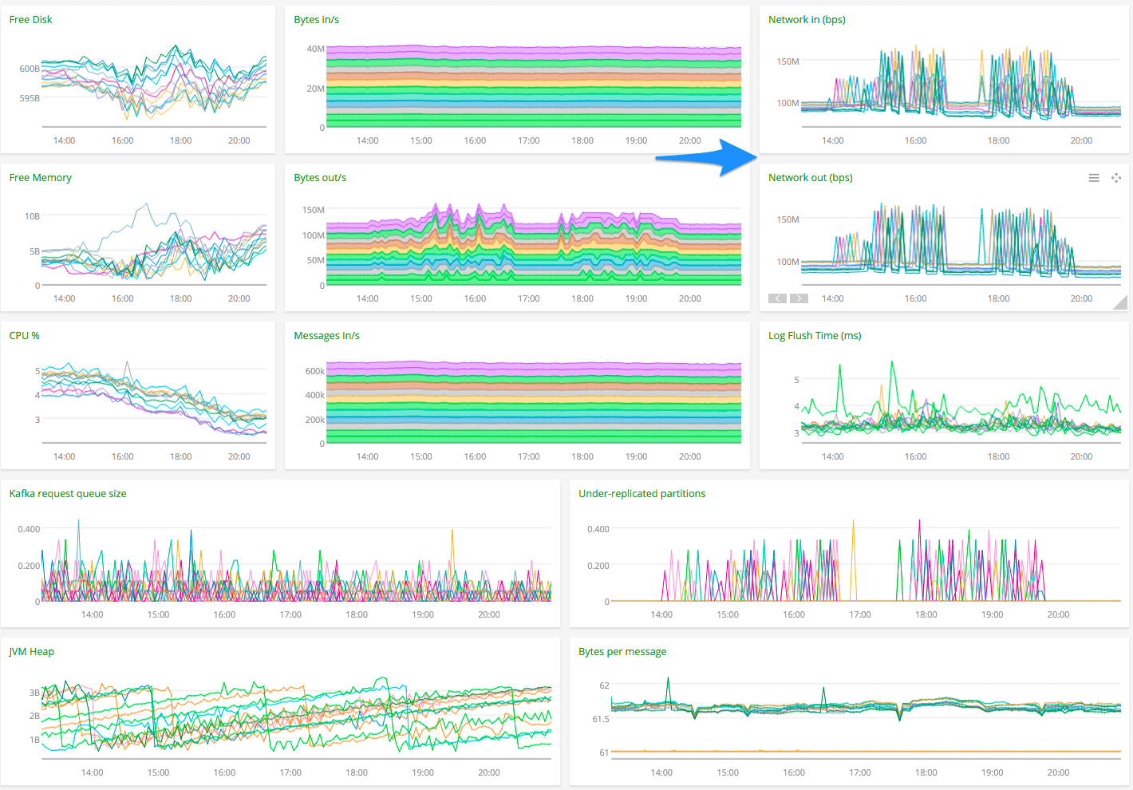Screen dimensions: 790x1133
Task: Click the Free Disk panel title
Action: (x=30, y=20)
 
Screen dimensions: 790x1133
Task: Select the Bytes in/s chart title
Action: (x=316, y=20)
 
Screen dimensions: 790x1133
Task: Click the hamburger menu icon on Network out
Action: (x=1094, y=178)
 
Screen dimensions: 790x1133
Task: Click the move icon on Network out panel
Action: (x=1116, y=178)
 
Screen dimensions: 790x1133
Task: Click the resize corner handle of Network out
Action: (x=1121, y=302)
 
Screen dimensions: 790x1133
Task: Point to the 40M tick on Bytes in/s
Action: (x=315, y=49)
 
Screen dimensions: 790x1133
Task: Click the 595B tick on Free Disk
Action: (x=30, y=98)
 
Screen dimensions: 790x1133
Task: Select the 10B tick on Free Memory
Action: (x=32, y=216)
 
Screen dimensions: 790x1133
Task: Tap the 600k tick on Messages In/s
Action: (x=314, y=371)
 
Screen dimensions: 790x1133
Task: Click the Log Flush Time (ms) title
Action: (x=815, y=336)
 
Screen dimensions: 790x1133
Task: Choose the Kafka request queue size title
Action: (x=68, y=494)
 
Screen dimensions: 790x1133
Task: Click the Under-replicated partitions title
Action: (x=642, y=494)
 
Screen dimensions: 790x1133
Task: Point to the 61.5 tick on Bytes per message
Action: (x=600, y=719)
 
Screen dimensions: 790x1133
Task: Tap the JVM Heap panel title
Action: (x=32, y=652)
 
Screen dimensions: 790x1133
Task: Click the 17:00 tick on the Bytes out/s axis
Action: (x=528, y=298)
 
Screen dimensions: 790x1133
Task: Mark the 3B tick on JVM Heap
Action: (x=34, y=693)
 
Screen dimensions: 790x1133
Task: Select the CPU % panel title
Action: (x=24, y=336)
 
